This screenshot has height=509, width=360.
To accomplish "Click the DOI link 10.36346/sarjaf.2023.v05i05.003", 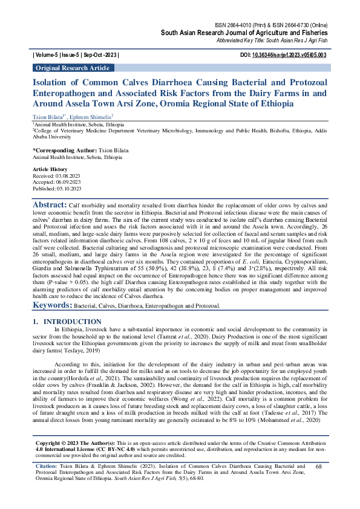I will (x=295, y=55).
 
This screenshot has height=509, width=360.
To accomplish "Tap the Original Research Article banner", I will (x=72, y=68).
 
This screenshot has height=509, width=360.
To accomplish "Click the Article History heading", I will (x=50, y=170).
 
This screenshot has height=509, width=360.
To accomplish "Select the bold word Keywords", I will (x=52, y=307).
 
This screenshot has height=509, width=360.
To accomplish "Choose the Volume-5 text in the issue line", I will (x=49, y=55).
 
